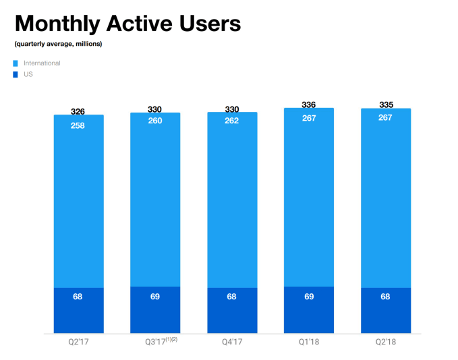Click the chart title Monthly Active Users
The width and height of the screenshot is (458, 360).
point(127,24)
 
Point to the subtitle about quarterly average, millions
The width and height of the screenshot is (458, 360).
point(58,44)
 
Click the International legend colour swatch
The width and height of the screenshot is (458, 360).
point(16,63)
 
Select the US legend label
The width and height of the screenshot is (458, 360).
point(28,74)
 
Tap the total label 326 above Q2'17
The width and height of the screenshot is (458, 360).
point(78,111)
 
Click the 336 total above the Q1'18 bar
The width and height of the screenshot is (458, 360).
point(309,104)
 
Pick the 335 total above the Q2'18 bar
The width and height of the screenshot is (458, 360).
point(386,104)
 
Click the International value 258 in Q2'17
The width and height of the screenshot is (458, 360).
point(78,126)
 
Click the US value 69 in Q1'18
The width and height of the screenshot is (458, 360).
point(309,297)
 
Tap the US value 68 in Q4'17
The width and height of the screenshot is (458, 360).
point(232,297)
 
